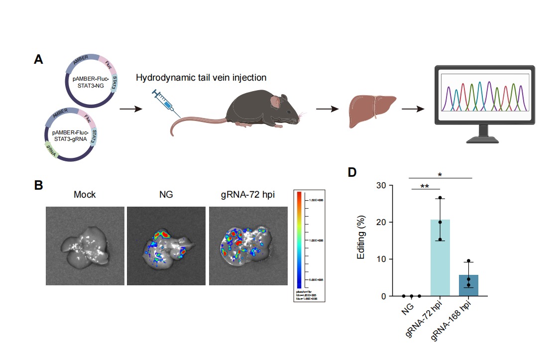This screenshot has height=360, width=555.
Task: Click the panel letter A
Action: [38, 60]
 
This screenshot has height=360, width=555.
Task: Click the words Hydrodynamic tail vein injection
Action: [201, 78]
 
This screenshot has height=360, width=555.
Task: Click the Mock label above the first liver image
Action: [85, 194]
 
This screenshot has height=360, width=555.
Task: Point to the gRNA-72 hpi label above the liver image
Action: [248, 194]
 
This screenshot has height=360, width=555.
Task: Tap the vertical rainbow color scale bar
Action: [299, 239]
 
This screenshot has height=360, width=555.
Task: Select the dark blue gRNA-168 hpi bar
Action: [468, 285]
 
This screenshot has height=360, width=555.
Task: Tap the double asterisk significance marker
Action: [425, 186]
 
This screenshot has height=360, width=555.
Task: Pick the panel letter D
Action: [352, 172]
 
